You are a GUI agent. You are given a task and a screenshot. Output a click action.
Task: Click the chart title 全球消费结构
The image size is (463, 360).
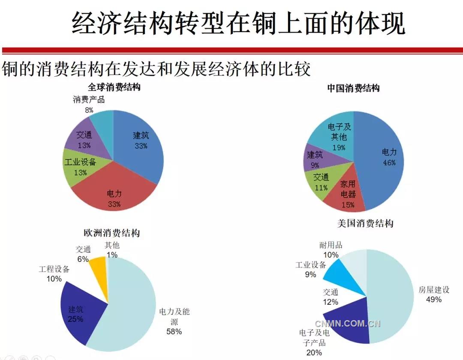(114, 87)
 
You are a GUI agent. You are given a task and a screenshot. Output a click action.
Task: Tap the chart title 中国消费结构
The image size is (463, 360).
(353, 88)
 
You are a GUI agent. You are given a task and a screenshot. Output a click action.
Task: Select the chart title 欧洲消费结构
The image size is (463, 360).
(111, 233)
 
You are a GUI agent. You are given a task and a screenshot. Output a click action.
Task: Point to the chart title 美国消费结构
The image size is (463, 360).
(365, 223)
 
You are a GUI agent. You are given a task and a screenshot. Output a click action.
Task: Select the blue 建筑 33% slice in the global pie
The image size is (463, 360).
(139, 141)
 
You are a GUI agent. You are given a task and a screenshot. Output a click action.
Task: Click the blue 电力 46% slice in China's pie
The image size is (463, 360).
(384, 159)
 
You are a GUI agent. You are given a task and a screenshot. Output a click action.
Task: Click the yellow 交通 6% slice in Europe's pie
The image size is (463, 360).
(98, 268)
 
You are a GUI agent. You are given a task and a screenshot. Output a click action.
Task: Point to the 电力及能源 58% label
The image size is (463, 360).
(174, 321)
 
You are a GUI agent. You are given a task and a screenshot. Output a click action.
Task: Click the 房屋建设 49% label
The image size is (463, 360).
(434, 294)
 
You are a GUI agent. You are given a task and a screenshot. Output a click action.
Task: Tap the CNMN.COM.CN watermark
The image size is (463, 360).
(348, 324)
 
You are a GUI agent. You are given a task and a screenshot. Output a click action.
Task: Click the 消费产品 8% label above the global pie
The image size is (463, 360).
(89, 105)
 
